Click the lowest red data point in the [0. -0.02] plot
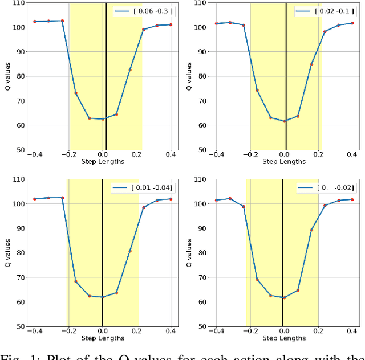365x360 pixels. [x=284, y=297]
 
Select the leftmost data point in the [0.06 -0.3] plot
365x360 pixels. [x=34, y=21]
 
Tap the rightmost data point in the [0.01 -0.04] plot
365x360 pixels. [x=171, y=199]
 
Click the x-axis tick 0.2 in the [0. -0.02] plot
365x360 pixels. [x=318, y=332]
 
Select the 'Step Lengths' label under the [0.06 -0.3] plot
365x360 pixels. [x=102, y=161]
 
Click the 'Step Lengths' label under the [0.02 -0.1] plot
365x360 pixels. [x=284, y=161]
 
